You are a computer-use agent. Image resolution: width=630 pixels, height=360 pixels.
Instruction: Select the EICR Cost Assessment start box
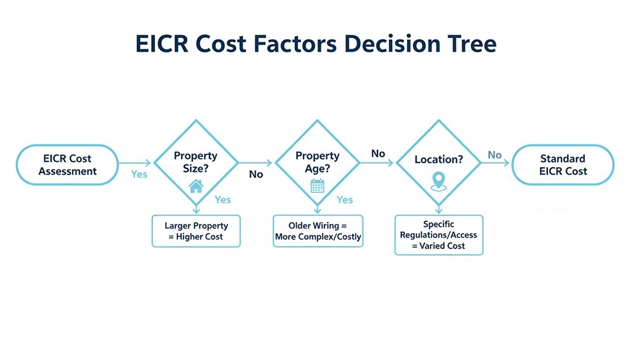[67, 165]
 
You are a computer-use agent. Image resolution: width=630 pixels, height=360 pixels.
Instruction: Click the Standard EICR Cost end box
[562, 165]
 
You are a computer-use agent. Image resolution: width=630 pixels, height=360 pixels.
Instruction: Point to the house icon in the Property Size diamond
[196, 185]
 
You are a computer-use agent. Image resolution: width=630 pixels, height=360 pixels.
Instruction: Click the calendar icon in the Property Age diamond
[317, 185]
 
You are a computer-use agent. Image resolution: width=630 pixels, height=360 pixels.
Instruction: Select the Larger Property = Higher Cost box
[196, 231]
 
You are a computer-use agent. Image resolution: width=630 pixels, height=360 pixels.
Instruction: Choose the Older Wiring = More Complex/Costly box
[318, 231]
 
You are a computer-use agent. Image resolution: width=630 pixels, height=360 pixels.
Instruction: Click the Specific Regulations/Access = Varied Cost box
[438, 235]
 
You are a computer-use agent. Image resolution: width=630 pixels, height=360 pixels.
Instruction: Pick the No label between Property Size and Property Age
[256, 174]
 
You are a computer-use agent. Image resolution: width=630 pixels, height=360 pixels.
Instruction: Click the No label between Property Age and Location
[378, 153]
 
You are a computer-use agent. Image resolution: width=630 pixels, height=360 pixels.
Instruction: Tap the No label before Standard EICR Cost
[495, 154]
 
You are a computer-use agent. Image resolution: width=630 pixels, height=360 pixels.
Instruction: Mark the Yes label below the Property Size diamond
[223, 199]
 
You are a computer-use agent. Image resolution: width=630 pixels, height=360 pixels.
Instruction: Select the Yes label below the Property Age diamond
[345, 199]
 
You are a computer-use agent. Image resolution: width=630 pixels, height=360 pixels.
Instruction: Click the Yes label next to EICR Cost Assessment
[139, 174]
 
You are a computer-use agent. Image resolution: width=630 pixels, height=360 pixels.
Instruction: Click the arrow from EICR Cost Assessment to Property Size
[135, 163]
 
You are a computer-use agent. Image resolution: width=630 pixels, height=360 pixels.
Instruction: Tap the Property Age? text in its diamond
[317, 161]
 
